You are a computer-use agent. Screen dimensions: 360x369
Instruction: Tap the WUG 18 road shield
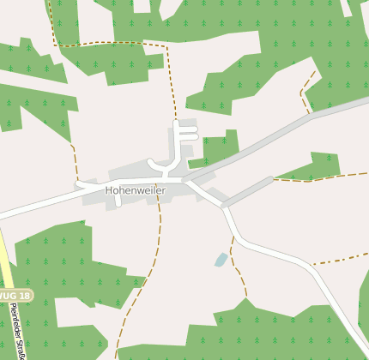tap(15, 296)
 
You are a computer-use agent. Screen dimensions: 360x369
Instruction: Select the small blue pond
tap(221, 259)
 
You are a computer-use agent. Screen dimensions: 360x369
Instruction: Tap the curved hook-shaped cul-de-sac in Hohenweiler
tap(155, 165)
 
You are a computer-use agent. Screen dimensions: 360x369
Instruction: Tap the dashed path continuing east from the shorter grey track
tap(318, 178)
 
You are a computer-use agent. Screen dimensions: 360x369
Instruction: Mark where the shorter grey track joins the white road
tap(224, 206)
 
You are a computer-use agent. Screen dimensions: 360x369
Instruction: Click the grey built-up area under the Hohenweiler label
tap(137, 199)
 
